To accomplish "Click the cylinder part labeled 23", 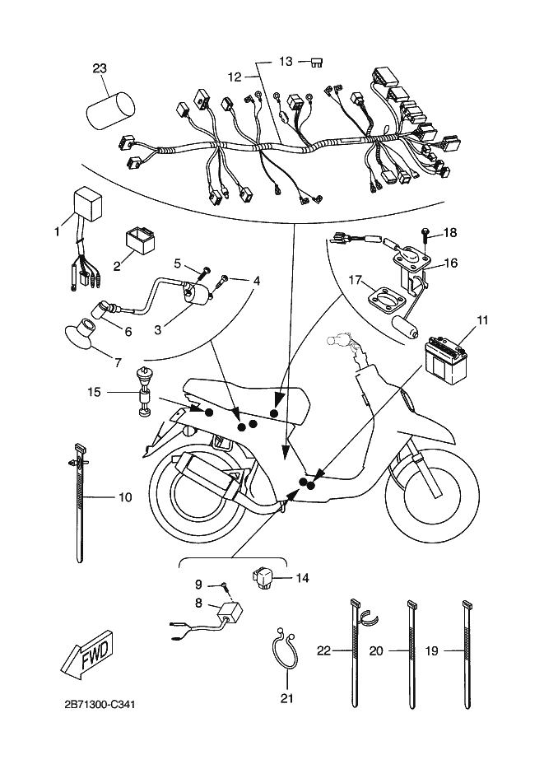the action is tap(110, 110).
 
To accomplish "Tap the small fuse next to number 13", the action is tap(317, 63).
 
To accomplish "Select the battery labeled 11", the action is tap(445, 355).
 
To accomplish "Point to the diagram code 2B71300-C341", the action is tap(100, 705).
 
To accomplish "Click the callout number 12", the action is tap(235, 77).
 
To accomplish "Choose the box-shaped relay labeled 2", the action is tap(142, 242).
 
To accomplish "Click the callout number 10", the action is tap(125, 497).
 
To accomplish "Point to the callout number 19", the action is tap(431, 650).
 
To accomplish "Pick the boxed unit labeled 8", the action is tap(230, 613).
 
